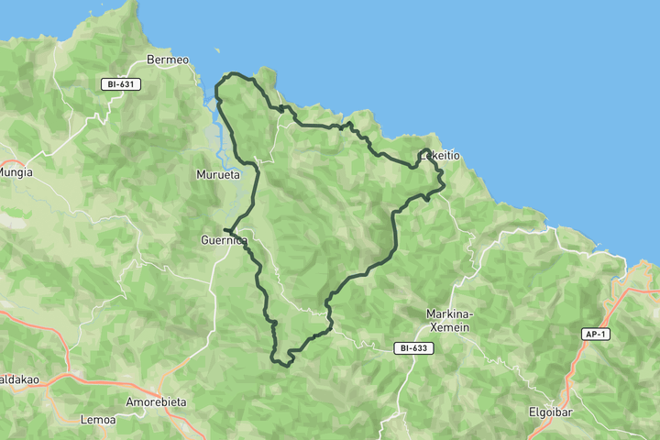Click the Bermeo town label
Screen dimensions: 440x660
(x=168, y=60)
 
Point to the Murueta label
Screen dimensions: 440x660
(x=218, y=174)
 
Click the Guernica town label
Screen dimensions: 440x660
(x=224, y=241)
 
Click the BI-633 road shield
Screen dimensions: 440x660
(x=414, y=348)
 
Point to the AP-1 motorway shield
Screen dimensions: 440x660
(x=595, y=335)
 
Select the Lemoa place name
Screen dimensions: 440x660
(x=98, y=420)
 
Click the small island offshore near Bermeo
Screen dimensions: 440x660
(x=217, y=51)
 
